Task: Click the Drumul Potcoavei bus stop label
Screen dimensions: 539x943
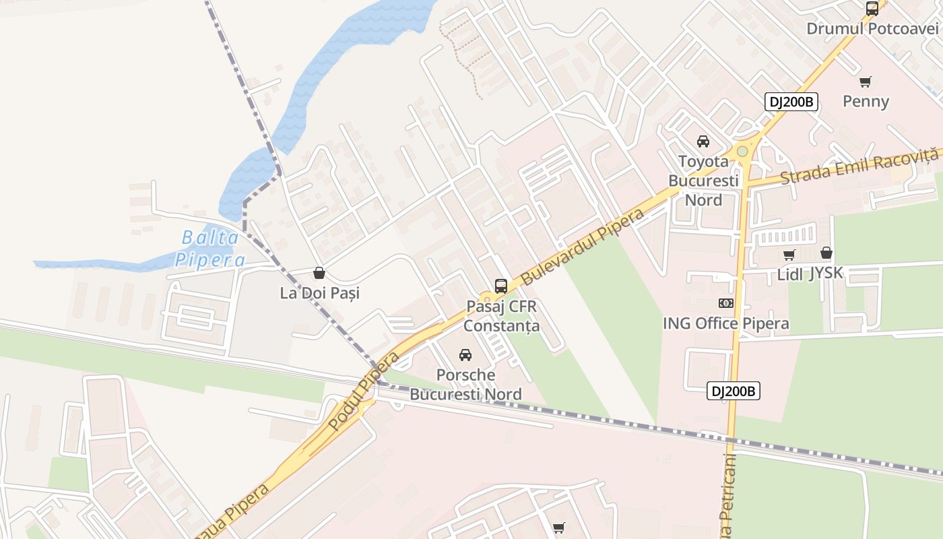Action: click(872, 28)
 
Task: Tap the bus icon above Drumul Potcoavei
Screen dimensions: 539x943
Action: click(872, 9)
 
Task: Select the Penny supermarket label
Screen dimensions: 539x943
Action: click(866, 102)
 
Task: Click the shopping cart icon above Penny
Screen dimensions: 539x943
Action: click(866, 82)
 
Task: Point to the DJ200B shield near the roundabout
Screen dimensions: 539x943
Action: click(791, 102)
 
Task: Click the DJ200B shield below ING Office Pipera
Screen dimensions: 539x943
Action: click(734, 391)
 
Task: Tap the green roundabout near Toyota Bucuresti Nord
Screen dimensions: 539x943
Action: click(742, 152)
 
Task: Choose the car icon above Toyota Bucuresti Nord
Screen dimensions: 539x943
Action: click(703, 141)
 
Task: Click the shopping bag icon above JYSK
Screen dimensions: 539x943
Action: click(826, 253)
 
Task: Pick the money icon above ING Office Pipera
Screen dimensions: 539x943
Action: click(726, 303)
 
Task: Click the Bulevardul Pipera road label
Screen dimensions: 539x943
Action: click(583, 245)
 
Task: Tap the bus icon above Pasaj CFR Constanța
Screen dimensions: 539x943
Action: click(501, 286)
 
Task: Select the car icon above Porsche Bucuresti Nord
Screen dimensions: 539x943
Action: click(465, 354)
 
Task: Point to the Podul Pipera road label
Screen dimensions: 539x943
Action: click(363, 391)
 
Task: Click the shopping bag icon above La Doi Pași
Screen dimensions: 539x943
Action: click(319, 273)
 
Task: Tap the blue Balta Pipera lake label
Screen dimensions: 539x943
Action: click(209, 249)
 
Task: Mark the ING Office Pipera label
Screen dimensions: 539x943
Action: click(726, 323)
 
